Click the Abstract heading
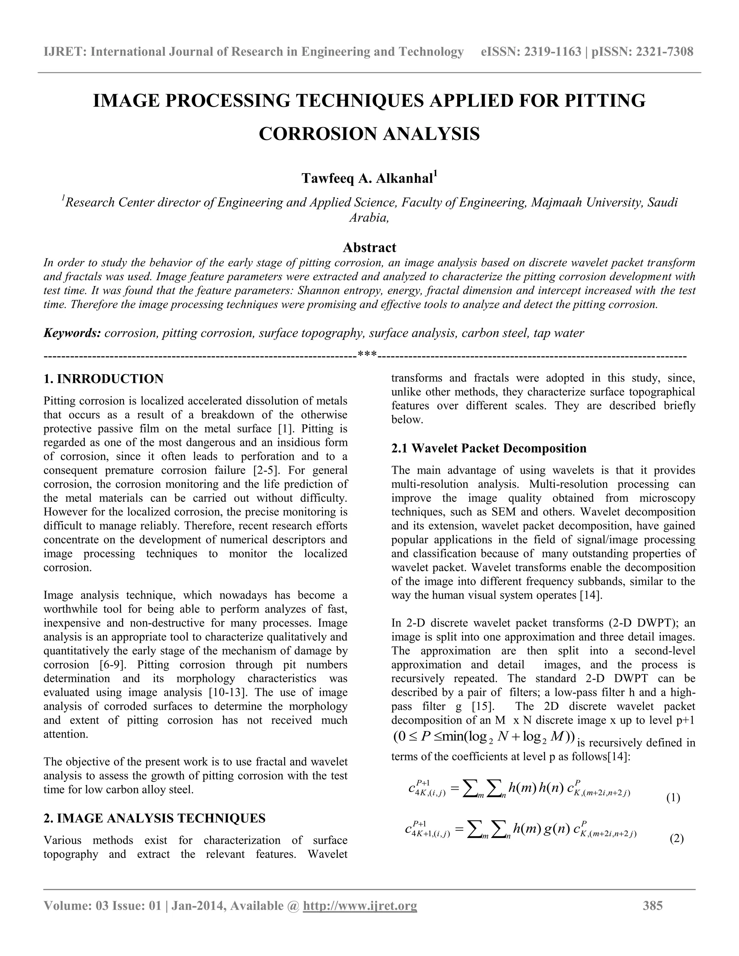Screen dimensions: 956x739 point(369,248)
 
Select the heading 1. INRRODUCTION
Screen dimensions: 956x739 point(104,379)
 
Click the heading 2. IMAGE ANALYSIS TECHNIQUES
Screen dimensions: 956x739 point(154,818)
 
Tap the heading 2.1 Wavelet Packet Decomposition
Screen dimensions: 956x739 point(489,448)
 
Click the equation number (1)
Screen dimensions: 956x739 point(673,798)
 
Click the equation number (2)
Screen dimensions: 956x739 point(677,839)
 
